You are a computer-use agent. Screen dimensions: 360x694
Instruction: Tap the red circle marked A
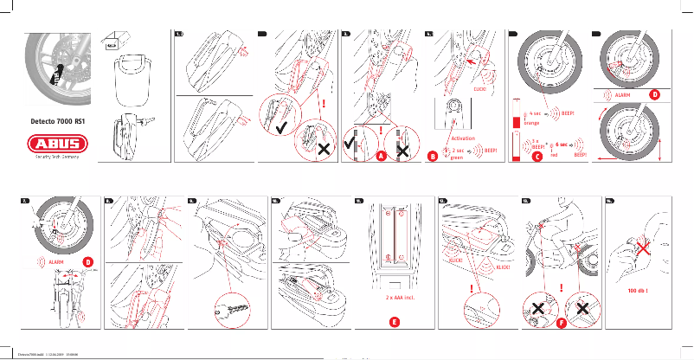pos(380,157)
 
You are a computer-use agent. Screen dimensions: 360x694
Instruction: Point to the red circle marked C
pos(537,157)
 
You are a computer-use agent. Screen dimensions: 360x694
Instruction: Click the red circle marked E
pos(394,321)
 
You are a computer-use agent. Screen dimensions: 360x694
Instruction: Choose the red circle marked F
pos(561,321)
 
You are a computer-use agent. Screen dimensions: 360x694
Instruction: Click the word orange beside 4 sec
pos(532,123)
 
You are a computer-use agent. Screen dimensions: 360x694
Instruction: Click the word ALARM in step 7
pos(57,260)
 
